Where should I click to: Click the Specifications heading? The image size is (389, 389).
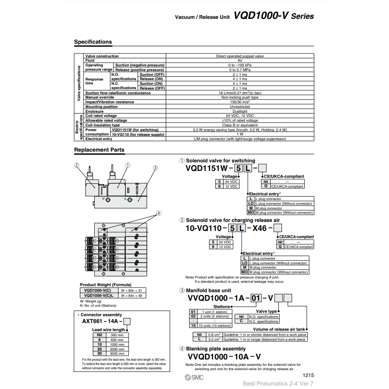click(93, 42)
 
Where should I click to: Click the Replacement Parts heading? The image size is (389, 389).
click(99, 150)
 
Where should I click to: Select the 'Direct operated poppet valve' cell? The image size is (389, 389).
click(240, 56)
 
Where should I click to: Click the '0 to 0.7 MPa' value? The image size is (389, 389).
click(240, 70)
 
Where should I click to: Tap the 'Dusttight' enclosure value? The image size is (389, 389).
click(240, 111)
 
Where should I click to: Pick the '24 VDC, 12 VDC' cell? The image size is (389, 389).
click(240, 116)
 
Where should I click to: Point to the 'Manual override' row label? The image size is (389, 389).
click(100, 98)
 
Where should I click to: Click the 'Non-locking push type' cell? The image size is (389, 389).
click(240, 98)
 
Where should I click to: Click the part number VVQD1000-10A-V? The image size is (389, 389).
click(224, 357)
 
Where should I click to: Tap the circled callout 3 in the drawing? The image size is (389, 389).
click(156, 168)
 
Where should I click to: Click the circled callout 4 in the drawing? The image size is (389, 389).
click(159, 213)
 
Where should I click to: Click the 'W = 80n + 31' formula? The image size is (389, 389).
click(131, 290)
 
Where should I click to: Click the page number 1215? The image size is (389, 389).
click(308, 375)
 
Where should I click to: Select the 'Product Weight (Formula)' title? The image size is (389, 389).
click(106, 285)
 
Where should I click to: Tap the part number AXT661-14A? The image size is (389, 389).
click(102, 321)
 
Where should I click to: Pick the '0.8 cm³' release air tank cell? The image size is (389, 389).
click(214, 335)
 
